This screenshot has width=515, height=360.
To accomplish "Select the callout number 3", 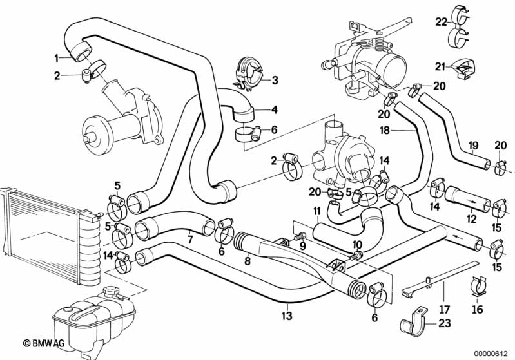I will [x=275, y=81].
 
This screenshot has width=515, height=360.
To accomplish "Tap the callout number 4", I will [x=275, y=109].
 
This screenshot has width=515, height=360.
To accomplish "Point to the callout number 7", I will [x=189, y=240].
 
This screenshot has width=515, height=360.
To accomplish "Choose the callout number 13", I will [x=287, y=316].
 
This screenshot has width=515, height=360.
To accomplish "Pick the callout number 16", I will [x=476, y=309].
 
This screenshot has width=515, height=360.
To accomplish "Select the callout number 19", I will [x=472, y=146].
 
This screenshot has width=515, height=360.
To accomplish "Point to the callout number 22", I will [x=440, y=21].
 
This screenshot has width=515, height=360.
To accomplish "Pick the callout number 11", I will [x=316, y=211].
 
